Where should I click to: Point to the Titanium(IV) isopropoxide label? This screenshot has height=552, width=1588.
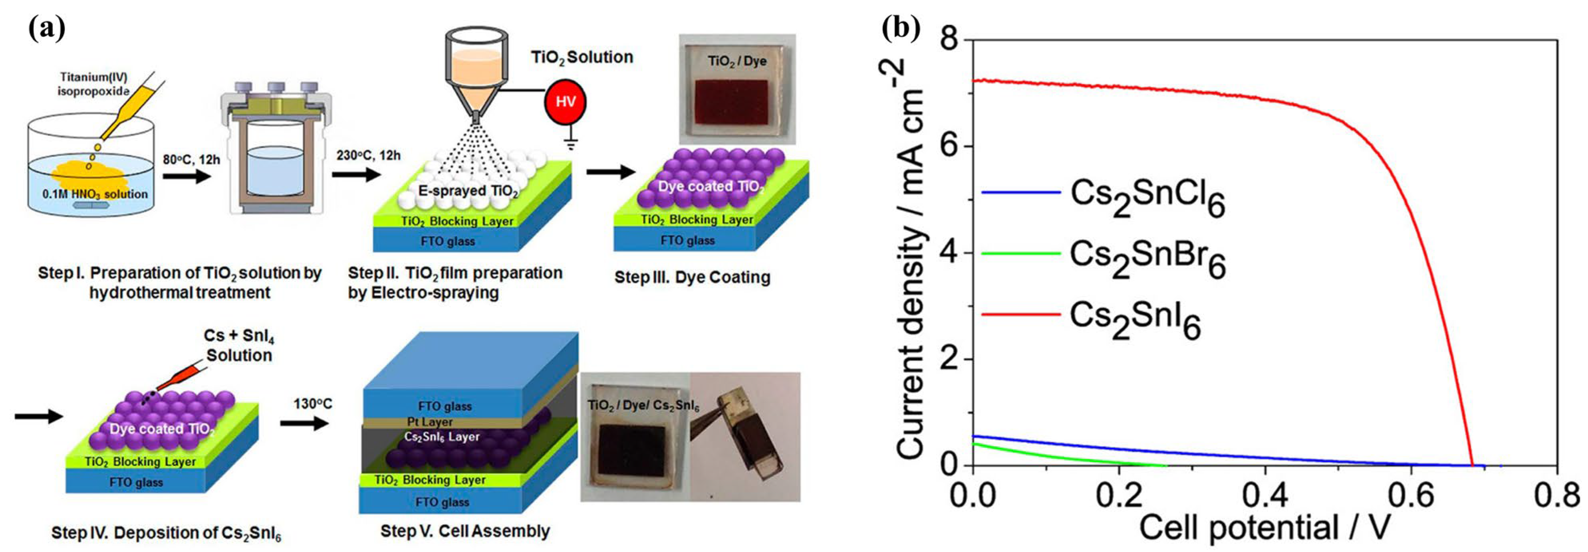95,84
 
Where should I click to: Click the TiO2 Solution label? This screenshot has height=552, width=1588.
582,57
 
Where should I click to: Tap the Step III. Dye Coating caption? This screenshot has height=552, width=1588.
692,277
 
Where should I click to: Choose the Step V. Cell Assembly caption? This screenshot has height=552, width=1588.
465,531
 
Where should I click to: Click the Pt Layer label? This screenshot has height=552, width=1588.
430,422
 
